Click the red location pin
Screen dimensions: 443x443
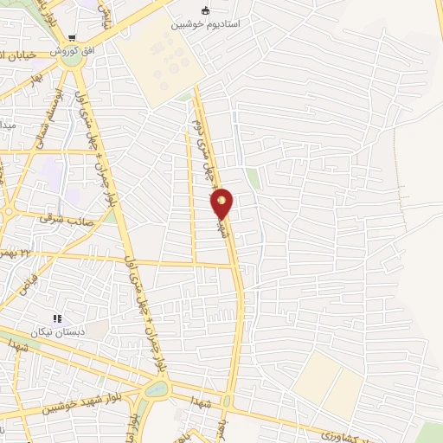click(x=222, y=203)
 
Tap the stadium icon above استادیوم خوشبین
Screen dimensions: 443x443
click(x=205, y=10)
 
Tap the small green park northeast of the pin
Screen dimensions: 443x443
click(x=252, y=178)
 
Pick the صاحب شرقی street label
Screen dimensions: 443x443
click(x=60, y=219)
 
